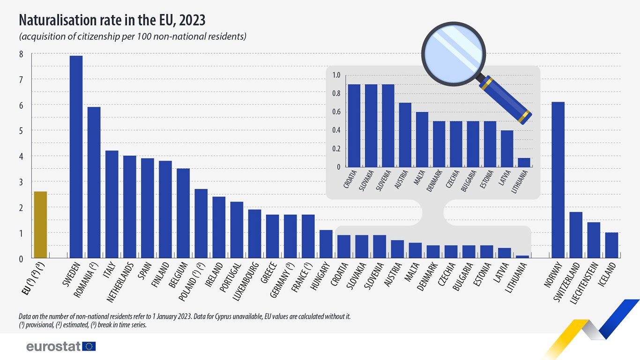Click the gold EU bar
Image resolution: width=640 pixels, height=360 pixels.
40,225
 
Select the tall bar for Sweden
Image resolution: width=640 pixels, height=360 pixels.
76,157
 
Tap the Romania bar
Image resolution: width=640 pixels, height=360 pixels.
94,182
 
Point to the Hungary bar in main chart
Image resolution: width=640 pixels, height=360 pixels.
326,244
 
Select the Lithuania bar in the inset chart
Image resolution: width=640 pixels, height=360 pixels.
524,163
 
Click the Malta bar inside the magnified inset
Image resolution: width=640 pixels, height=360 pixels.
422,139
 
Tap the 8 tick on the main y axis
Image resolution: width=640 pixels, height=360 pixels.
21,54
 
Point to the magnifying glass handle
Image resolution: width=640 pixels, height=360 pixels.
506,99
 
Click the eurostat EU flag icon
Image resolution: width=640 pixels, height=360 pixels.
89,346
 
